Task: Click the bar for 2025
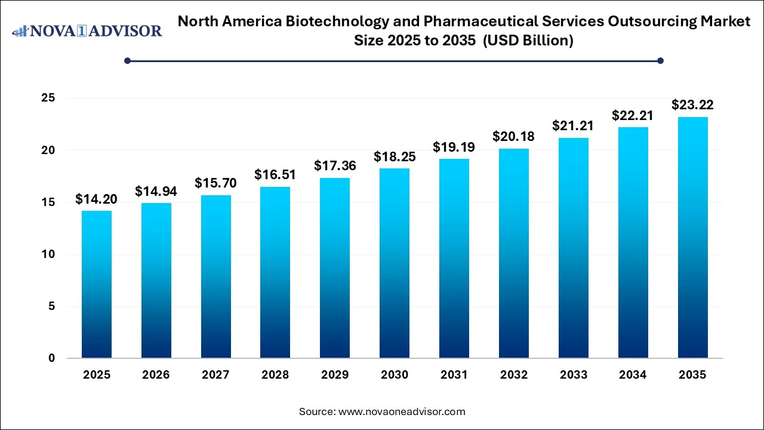pos(96,284)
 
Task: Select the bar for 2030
pos(395,263)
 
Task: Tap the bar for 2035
pos(692,238)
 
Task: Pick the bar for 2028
pos(275,272)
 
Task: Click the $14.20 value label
pos(96,199)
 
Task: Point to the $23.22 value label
pos(692,105)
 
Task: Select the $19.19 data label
pos(454,147)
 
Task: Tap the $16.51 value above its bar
pos(275,175)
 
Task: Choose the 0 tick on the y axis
pos(53,358)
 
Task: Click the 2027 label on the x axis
pos(215,375)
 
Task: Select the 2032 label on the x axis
pos(514,375)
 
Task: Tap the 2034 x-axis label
pos(633,375)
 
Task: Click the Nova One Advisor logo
pos(87,30)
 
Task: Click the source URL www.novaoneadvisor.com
pos(402,411)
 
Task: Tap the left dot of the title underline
pos(127,60)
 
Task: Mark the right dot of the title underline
pos(660,60)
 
